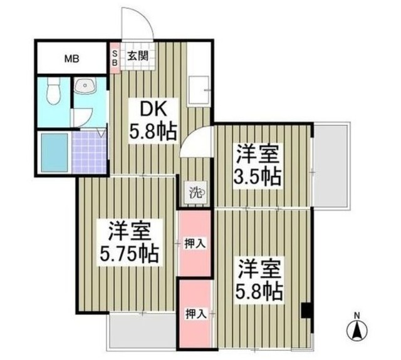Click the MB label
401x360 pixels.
coord(70,60)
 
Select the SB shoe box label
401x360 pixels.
coord(114,58)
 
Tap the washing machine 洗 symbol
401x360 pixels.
coord(195,193)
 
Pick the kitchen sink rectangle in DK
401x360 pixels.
coord(197,87)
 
